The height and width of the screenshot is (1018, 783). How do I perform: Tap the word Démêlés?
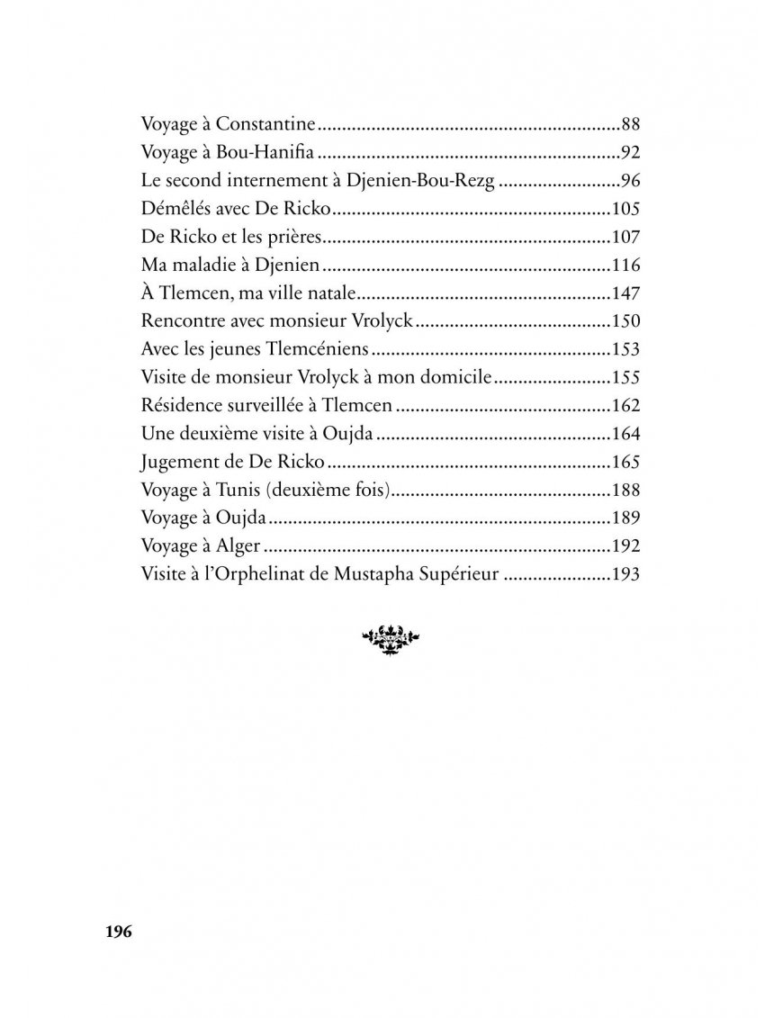coord(175,209)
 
